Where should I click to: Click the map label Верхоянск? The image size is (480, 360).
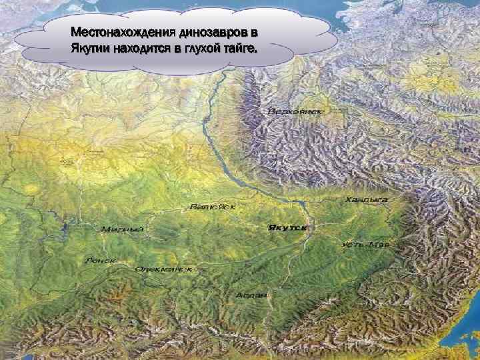click(x=295, y=111)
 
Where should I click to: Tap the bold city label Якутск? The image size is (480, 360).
click(x=288, y=227)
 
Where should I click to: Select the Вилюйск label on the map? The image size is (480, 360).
click(x=213, y=207)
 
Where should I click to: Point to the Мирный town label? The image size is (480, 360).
click(x=123, y=230)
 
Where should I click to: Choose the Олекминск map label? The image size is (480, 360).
click(x=163, y=269)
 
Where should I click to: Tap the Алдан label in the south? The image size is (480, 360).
click(x=252, y=294)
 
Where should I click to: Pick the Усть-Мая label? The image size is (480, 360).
click(x=365, y=245)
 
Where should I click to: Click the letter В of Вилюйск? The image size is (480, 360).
click(x=193, y=207)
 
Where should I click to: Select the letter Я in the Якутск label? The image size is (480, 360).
click(x=271, y=227)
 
